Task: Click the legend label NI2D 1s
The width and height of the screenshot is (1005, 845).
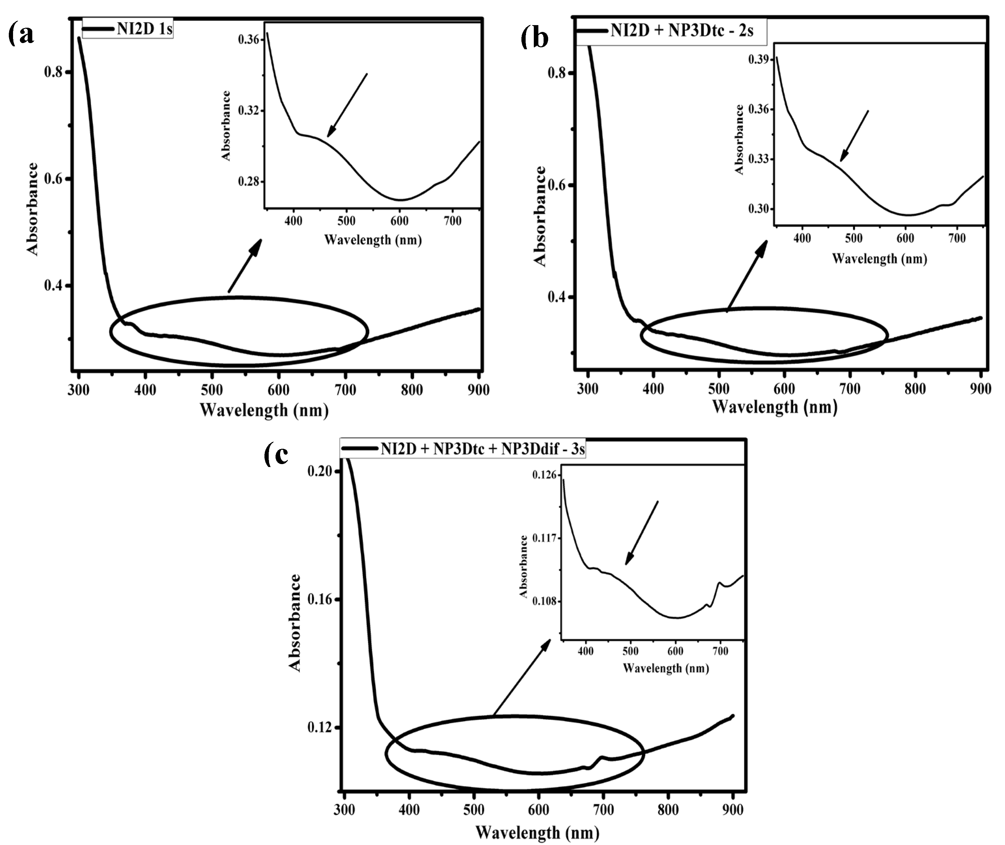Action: click(x=144, y=29)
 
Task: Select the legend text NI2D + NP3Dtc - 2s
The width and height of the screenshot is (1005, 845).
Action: click(x=682, y=31)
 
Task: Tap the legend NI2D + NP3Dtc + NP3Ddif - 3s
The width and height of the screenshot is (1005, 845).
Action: click(x=482, y=449)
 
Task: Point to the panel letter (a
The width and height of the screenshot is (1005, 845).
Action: click(x=21, y=35)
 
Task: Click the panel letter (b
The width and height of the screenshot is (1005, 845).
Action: click(x=534, y=38)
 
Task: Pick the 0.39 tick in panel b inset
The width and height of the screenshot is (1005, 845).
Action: click(x=759, y=59)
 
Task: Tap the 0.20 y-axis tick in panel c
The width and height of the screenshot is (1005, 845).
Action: click(x=320, y=471)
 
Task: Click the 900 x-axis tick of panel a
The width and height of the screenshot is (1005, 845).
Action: click(x=478, y=390)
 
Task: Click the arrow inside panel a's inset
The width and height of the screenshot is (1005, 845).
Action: click(x=347, y=105)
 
